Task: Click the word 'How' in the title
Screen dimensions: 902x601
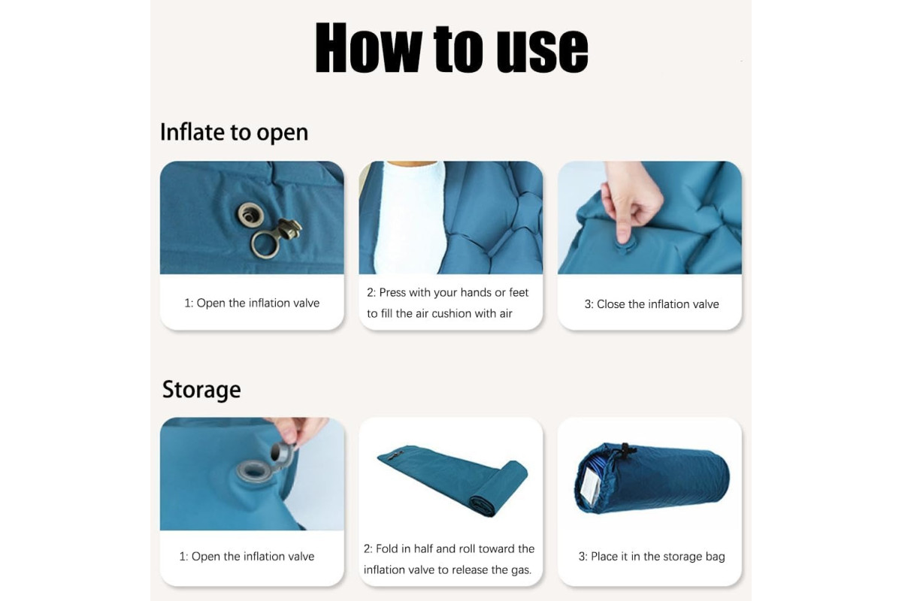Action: [x=368, y=47]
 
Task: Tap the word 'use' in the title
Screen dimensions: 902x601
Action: [x=542, y=51]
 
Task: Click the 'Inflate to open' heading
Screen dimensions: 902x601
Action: [x=234, y=132]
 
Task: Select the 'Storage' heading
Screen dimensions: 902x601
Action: [x=201, y=390]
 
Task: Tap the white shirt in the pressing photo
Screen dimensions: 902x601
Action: [x=409, y=217]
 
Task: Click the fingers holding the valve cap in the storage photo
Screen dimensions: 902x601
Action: [x=298, y=431]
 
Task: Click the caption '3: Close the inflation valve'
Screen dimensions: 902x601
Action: [x=652, y=304]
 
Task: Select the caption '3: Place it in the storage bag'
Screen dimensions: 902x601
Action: [x=652, y=557]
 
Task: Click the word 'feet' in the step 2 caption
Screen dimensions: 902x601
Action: [x=518, y=292]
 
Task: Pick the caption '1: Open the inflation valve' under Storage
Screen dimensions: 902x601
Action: [x=247, y=557]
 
